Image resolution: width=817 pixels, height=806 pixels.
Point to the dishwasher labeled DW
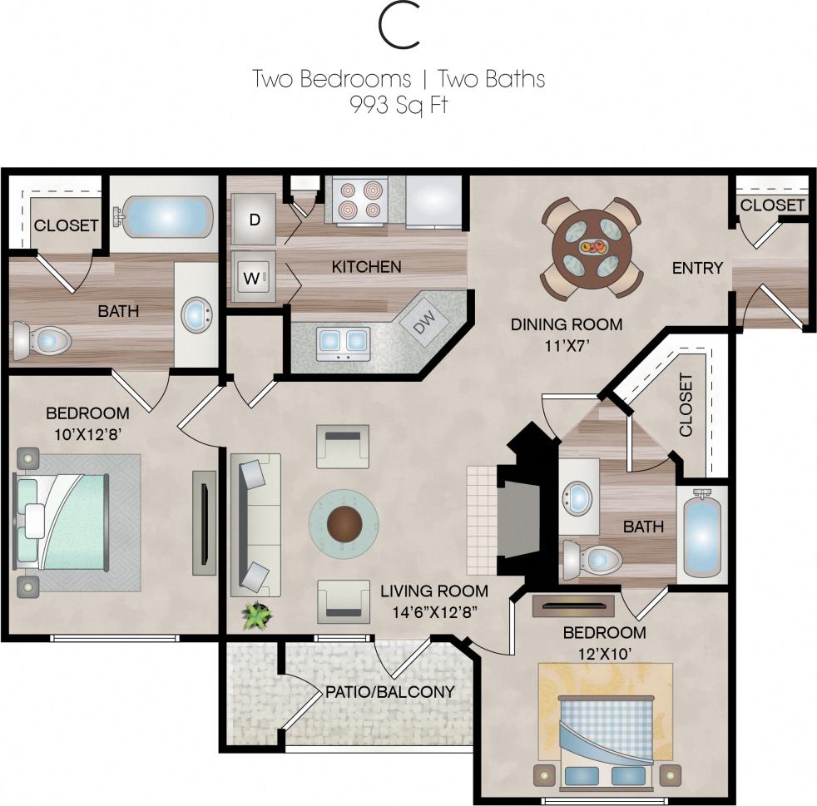coord(422,320)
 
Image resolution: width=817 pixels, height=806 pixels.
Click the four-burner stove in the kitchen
coord(361,200)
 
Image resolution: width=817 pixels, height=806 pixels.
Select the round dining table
coord(592,246)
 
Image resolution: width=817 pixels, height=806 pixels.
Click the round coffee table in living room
coord(344,523)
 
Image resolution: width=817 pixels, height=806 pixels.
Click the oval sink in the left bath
coord(196,315)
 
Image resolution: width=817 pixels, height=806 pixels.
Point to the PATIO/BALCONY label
coord(389,692)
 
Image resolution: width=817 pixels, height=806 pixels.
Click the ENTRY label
coord(697,268)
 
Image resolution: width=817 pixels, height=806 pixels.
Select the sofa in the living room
coord(255,525)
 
